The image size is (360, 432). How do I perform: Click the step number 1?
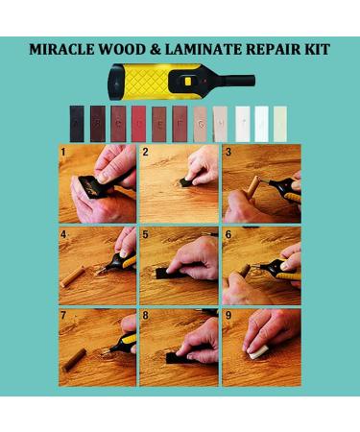click(x=63, y=152)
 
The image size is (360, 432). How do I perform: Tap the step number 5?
click(x=146, y=233)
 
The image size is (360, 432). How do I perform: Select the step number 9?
click(x=228, y=315)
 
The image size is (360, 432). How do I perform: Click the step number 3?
click(x=228, y=152)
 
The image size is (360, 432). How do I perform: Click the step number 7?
click(x=63, y=315)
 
